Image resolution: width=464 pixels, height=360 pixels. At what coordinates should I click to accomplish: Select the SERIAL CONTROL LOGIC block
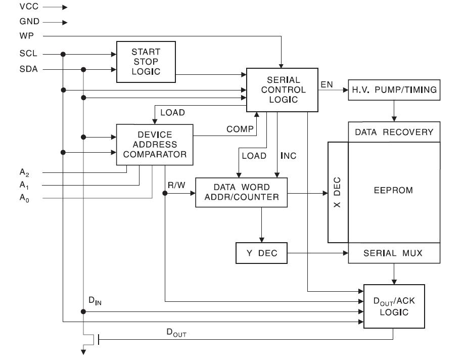click(x=282, y=89)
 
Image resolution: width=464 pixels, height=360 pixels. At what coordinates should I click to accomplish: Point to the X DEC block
click(x=338, y=192)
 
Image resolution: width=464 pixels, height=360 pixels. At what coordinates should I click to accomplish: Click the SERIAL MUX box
click(x=392, y=253)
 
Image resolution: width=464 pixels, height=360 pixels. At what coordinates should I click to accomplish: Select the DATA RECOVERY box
click(x=394, y=132)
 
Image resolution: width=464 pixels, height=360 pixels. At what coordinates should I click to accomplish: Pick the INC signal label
click(x=288, y=156)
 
